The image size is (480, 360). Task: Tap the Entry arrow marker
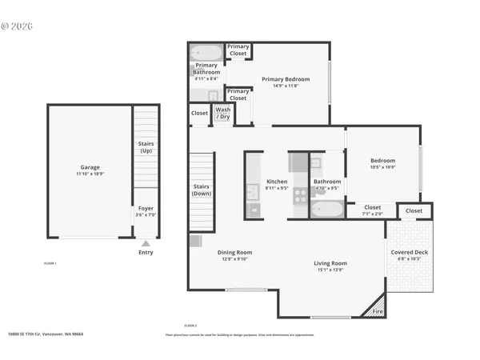146,244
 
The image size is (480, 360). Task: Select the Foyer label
145,210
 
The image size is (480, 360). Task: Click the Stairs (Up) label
146,147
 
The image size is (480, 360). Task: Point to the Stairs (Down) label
202,190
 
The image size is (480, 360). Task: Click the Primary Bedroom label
285,79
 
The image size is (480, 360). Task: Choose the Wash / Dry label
223,114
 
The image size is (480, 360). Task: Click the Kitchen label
277,182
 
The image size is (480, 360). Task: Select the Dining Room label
234,253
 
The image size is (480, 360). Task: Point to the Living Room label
330,263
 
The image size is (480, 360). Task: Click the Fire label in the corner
378,311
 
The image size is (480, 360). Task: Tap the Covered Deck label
409,253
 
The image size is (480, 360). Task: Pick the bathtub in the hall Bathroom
328,210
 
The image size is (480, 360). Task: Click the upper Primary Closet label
238,50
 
